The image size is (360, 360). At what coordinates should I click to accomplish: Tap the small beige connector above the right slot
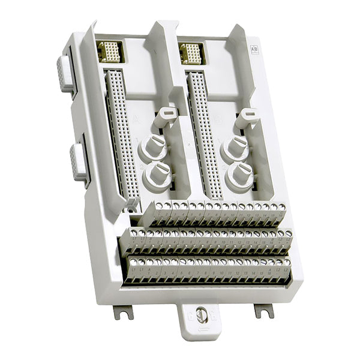(191, 53)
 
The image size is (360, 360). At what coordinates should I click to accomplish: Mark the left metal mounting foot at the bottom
(122, 311)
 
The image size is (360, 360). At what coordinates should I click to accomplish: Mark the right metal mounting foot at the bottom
(263, 310)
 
